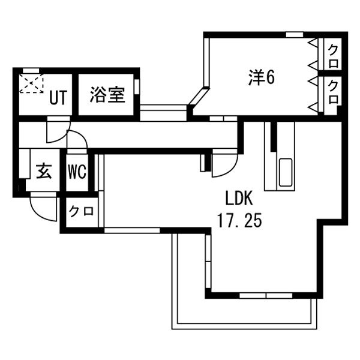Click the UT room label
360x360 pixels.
click(58, 98)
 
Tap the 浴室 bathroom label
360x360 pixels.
click(107, 94)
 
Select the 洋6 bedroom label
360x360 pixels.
click(262, 77)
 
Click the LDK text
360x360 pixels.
click(239, 198)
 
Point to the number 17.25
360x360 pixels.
click(239, 220)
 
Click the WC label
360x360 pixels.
click(77, 172)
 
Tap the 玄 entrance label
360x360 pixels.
click(44, 171)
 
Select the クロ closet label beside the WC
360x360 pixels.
click(82, 211)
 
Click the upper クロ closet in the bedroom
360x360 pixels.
click(333, 56)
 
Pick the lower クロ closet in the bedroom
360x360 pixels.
click(333, 92)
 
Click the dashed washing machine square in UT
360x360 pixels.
click(31, 83)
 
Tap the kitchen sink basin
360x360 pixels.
click(286, 172)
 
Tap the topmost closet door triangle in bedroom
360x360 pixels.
click(313, 43)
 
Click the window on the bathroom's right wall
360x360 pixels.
click(137, 86)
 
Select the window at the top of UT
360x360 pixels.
click(31, 70)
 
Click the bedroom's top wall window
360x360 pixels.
click(295, 35)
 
